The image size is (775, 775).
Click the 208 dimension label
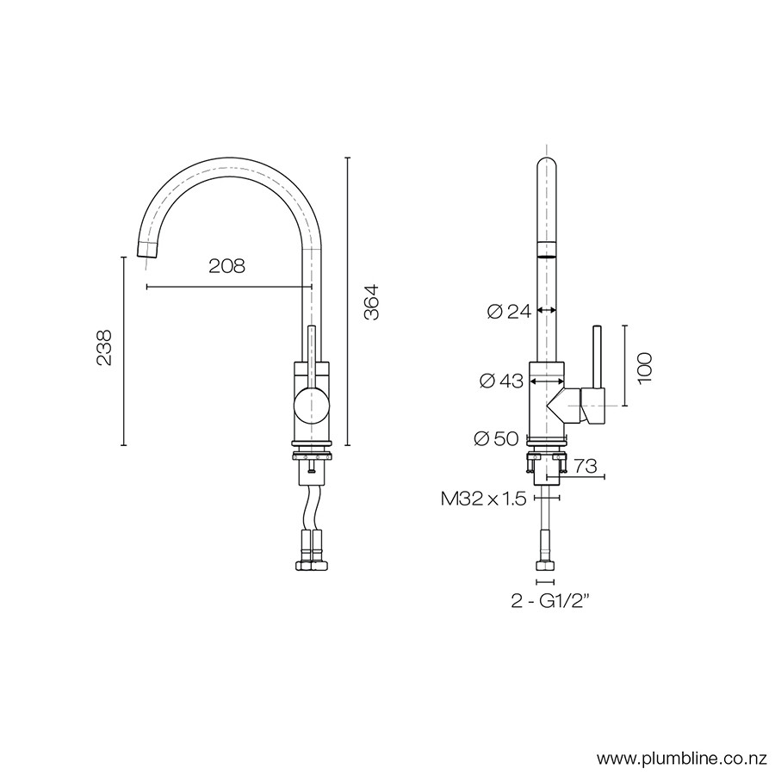(226, 266)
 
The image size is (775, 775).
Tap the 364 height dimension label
(371, 302)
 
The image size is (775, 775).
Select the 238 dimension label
(104, 348)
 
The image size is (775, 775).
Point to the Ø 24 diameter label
(509, 312)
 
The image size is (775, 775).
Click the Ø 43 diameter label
(501, 381)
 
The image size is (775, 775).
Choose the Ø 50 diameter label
(496, 438)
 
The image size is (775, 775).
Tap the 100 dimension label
(644, 368)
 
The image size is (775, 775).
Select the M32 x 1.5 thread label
(483, 499)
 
